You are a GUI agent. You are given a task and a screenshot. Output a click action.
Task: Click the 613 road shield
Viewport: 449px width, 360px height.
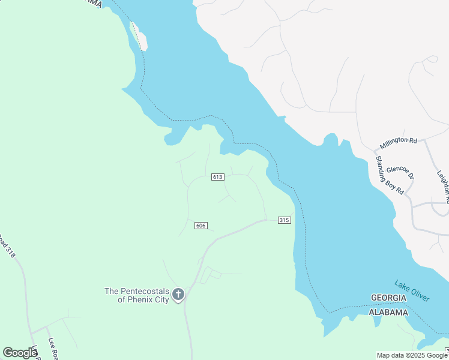[217, 177]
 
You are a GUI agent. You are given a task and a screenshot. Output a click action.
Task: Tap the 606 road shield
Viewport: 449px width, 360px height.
[201, 226]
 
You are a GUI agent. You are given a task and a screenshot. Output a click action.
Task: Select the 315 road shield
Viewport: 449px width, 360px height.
[285, 220]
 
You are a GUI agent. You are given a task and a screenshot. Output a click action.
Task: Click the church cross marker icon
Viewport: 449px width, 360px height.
[178, 294]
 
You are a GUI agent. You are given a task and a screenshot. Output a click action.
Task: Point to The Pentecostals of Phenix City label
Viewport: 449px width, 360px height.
[137, 295]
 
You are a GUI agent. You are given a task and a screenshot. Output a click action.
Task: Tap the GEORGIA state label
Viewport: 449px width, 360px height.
[389, 298]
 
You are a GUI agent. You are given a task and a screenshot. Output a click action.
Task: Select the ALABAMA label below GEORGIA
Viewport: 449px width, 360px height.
[388, 313]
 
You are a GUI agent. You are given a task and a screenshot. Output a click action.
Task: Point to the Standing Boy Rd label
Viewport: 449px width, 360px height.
[389, 175]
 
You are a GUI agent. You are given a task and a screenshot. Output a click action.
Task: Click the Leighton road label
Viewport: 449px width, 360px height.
[443, 183]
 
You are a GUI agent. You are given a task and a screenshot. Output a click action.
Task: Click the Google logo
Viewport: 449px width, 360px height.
[20, 353]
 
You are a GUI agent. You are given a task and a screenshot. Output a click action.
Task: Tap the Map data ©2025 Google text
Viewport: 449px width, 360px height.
[412, 355]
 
